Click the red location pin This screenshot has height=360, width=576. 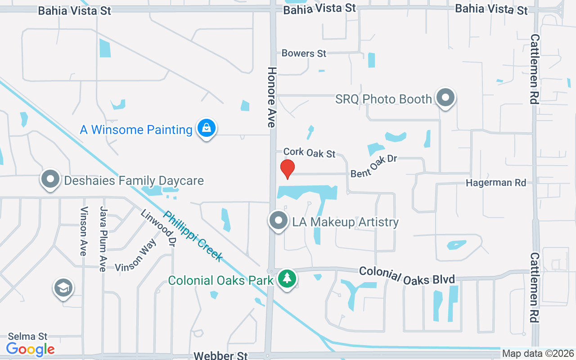[x=288, y=169]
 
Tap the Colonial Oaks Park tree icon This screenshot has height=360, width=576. [x=287, y=279]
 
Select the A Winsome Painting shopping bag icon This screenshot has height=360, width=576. [x=207, y=128]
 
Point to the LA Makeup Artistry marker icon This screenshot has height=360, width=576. [x=279, y=220]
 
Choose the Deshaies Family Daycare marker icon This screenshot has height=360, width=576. [x=50, y=179]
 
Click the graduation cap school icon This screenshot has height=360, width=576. [x=63, y=288]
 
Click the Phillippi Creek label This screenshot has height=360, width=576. [x=193, y=236]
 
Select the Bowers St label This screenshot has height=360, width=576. [x=304, y=53]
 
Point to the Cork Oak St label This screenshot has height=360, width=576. [x=310, y=153]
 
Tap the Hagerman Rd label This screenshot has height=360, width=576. [x=496, y=183]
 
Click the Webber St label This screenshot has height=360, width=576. [x=220, y=355]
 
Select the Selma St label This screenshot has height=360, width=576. [x=28, y=336]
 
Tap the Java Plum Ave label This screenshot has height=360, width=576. [x=103, y=239]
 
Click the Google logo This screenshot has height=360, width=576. [x=31, y=349]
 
